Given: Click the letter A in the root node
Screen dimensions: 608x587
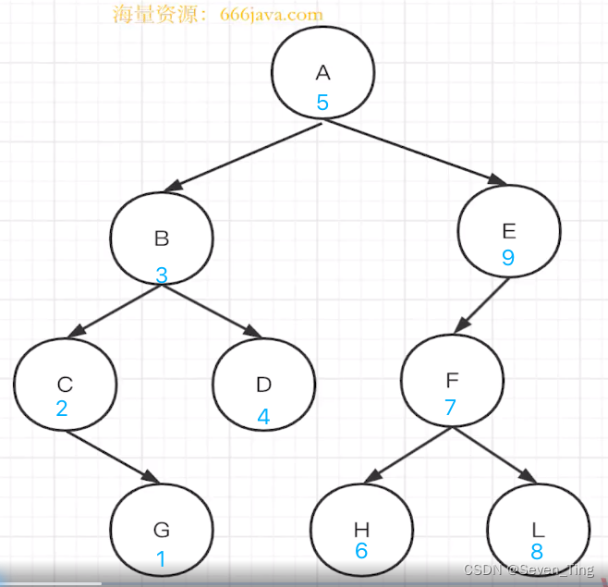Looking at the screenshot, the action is [x=322, y=73].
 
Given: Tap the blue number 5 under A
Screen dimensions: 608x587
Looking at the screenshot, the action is [x=322, y=103].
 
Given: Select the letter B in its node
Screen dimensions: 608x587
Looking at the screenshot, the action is [x=162, y=238].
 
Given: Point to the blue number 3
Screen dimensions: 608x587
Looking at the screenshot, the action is [x=162, y=275].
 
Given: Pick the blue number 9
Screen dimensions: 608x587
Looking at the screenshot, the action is [x=507, y=258].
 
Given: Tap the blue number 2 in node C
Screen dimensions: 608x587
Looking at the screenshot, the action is [x=62, y=408].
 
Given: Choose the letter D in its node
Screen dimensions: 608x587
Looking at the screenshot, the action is [x=263, y=385].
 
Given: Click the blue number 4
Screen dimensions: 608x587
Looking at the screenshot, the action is [x=263, y=417].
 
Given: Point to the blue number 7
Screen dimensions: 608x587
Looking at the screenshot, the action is [x=451, y=408].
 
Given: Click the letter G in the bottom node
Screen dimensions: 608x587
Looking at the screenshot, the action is [x=162, y=530].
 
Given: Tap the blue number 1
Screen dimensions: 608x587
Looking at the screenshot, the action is [x=161, y=559].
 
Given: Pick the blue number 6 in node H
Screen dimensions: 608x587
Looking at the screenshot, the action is [x=361, y=551].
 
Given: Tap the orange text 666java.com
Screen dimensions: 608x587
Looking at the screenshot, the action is [x=273, y=15].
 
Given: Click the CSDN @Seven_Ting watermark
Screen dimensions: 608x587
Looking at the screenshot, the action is [x=529, y=570].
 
